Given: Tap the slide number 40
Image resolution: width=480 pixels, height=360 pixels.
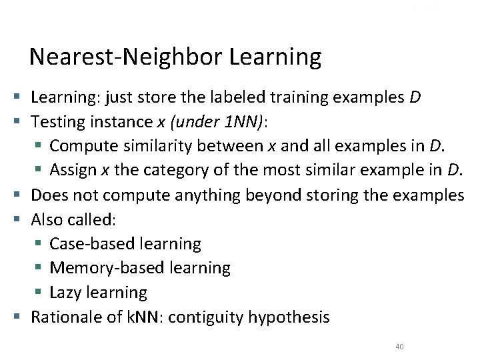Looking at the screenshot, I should pos(399,347).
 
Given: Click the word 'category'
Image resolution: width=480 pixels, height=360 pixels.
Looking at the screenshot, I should pos(175,171).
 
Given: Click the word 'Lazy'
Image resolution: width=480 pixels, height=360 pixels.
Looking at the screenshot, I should pos(65,293).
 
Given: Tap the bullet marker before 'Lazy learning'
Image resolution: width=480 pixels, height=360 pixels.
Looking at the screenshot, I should pos(41,293).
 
